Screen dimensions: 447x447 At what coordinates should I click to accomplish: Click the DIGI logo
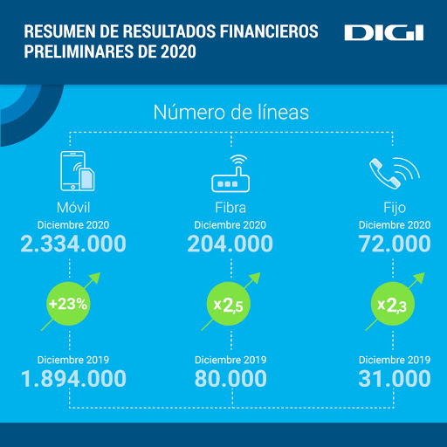pos(384,33)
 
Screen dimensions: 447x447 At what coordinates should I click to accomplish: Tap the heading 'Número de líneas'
pos(231,113)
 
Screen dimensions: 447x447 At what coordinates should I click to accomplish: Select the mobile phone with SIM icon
pos(78,171)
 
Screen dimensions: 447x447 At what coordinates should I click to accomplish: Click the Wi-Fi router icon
pos(230,174)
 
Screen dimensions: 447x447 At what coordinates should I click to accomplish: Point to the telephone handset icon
pos(395,174)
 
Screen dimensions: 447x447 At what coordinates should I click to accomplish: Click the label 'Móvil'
pos(73,208)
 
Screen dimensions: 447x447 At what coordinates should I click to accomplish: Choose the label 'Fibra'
pos(230,208)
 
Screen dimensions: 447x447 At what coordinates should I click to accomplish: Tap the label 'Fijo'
pos(395,209)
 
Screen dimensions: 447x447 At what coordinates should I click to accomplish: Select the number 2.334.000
pos(73,244)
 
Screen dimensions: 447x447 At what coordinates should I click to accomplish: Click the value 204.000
pos(230,244)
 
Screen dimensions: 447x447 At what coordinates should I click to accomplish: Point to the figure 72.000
pos(395,244)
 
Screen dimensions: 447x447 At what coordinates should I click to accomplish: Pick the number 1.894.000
pos(73,379)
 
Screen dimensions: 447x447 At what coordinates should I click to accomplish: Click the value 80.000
pos(230,379)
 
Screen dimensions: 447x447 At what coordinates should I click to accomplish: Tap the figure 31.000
pos(395,379)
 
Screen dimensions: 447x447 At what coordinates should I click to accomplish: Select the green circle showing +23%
pos(68,304)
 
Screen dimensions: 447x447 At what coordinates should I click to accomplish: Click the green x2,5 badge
pos(229,304)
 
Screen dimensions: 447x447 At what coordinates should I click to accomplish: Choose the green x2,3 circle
pos(393,304)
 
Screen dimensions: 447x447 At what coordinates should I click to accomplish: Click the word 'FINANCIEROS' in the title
pos(269,31)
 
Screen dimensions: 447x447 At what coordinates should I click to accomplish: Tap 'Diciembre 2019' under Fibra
pos(230,360)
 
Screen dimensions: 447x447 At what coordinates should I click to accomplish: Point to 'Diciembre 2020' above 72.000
pos(395,225)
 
